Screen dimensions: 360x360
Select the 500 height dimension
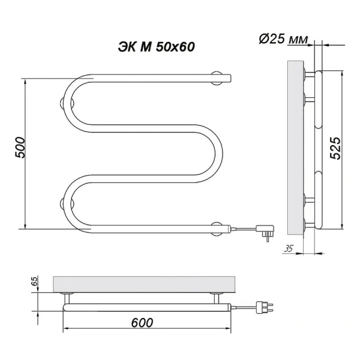[20, 148]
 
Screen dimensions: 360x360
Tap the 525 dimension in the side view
[335, 147]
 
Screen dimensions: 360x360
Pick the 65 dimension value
[34, 281]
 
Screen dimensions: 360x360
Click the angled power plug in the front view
[263, 230]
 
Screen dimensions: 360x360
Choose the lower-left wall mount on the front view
[63, 202]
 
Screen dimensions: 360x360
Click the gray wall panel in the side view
[296, 147]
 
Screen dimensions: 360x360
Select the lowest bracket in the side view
[310, 224]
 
